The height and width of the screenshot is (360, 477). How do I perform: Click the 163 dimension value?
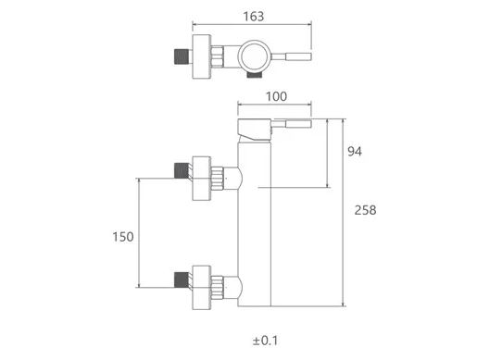click(x=254, y=17)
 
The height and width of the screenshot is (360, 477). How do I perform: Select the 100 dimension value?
click(x=276, y=96)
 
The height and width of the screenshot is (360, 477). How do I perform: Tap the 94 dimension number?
click(x=355, y=152)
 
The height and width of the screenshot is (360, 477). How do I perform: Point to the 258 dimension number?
click(x=365, y=210)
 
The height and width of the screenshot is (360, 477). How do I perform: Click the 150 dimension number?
click(x=123, y=237)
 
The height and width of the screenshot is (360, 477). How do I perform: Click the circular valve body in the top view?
click(x=255, y=56)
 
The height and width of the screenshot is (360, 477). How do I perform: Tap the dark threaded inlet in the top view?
click(x=182, y=56)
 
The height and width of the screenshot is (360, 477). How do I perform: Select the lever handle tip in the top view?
click(x=298, y=56)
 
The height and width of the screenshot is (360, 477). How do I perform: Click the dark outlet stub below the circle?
click(x=255, y=75)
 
